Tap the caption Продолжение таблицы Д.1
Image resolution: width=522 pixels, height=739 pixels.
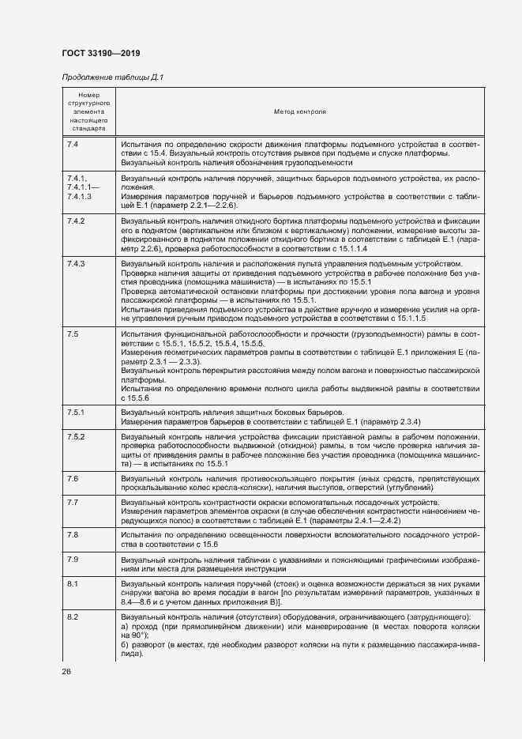[x=111, y=77]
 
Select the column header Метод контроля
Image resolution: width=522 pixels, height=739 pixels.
[x=299, y=111]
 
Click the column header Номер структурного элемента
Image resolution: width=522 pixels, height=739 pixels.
[x=88, y=111]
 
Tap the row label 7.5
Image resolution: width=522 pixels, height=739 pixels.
[x=73, y=335]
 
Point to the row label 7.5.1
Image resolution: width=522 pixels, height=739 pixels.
[x=76, y=412]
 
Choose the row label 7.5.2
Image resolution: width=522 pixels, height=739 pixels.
[x=76, y=437]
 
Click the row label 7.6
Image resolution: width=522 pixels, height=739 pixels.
[x=73, y=479]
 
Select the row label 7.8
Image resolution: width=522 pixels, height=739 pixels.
[x=73, y=535]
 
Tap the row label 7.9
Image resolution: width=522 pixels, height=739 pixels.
[x=73, y=560]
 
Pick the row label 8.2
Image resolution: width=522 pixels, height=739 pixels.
[x=73, y=616]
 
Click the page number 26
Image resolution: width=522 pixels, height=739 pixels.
[x=66, y=672]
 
